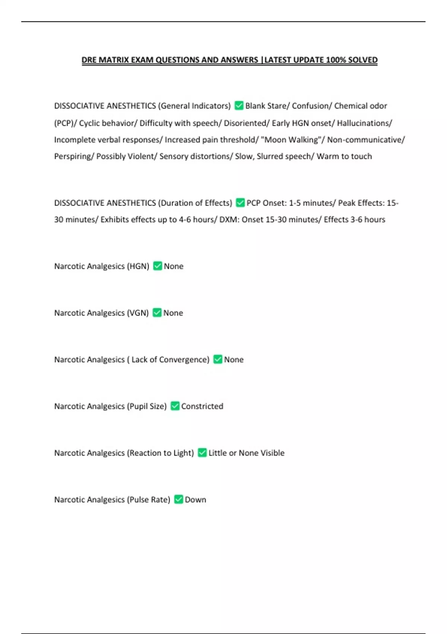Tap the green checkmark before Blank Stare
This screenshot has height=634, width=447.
coord(239,106)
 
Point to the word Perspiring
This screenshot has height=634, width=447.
coord(73,156)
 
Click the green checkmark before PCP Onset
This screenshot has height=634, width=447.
coord(240,203)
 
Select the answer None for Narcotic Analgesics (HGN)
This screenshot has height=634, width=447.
coord(174,266)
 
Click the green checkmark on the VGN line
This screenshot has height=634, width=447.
coord(157,313)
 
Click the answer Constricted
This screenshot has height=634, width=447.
coord(202,406)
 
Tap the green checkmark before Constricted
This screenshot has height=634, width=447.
coord(175,406)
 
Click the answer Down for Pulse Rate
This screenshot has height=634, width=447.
coord(195,499)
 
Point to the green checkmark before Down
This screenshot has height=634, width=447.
coord(179,499)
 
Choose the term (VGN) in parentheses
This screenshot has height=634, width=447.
coord(138,313)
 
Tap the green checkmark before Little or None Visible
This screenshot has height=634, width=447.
coord(202,453)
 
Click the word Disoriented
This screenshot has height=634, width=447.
coord(245,123)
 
